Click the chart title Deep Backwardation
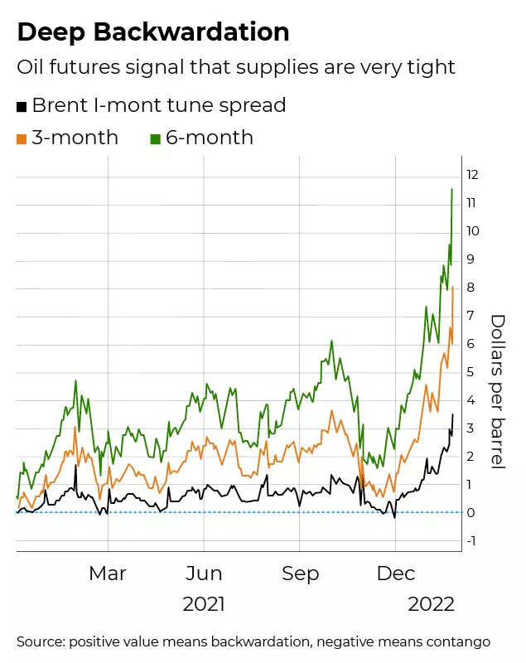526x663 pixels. click(x=153, y=31)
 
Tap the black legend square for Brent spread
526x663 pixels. click(x=22, y=106)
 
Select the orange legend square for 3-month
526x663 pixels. click(x=22, y=138)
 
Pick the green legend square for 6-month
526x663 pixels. click(x=155, y=138)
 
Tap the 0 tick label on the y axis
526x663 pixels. click(x=470, y=513)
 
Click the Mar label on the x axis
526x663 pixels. click(x=108, y=573)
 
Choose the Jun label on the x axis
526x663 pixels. click(x=204, y=573)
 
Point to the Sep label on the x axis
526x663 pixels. click(x=300, y=573)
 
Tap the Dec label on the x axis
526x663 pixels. click(x=395, y=573)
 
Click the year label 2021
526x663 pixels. click(x=204, y=604)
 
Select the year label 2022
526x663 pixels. click(x=431, y=604)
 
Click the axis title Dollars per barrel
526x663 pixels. click(x=498, y=391)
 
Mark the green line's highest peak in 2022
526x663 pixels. click(x=451, y=190)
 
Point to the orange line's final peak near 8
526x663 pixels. click(x=453, y=288)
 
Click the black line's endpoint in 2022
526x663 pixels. click(x=453, y=414)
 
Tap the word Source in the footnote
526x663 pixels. click(x=40, y=641)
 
